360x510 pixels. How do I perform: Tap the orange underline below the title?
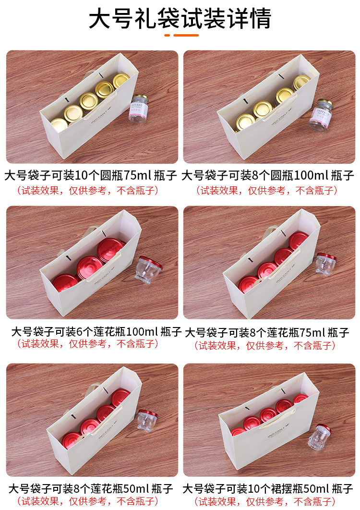(x=181, y=36)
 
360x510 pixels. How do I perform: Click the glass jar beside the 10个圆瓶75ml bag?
(x=138, y=109)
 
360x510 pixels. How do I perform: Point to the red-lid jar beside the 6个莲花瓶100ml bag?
(x=147, y=269)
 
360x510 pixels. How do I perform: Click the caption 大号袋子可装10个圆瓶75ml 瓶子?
(x=91, y=175)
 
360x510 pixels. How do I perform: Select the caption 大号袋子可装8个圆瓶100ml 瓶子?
(x=268, y=175)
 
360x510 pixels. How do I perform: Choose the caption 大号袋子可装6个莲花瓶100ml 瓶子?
(x=96, y=331)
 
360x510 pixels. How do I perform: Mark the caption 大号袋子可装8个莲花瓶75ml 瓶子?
(x=267, y=332)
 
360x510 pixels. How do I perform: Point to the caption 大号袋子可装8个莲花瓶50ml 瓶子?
(x=90, y=489)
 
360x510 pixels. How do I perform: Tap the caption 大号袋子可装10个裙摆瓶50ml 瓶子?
(x=268, y=489)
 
